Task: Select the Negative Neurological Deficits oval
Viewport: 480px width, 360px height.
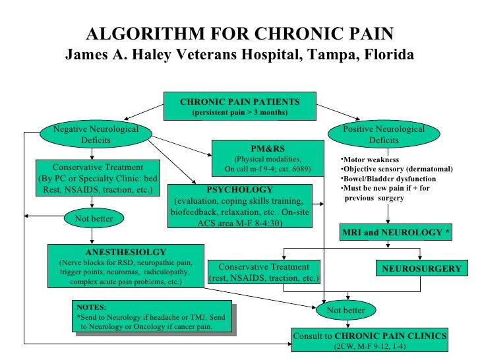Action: click(x=91, y=135)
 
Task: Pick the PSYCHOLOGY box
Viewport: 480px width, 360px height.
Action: click(x=240, y=206)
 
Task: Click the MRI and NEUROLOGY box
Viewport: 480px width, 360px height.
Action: click(x=396, y=233)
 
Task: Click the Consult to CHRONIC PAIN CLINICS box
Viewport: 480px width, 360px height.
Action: click(x=371, y=340)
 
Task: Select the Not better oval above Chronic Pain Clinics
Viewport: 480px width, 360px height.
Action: click(x=349, y=310)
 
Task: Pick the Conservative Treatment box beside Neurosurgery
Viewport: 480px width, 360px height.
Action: click(x=264, y=273)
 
